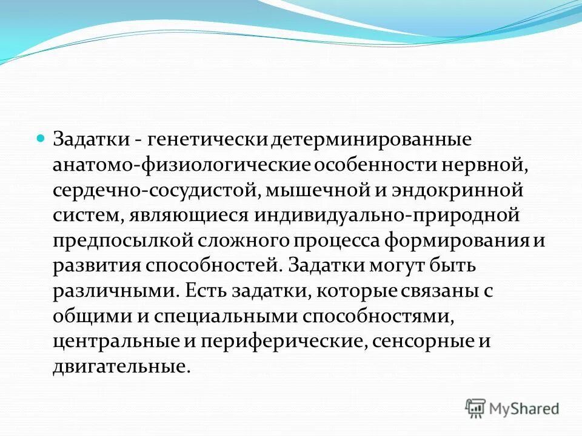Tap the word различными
113,291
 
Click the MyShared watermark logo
512,408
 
